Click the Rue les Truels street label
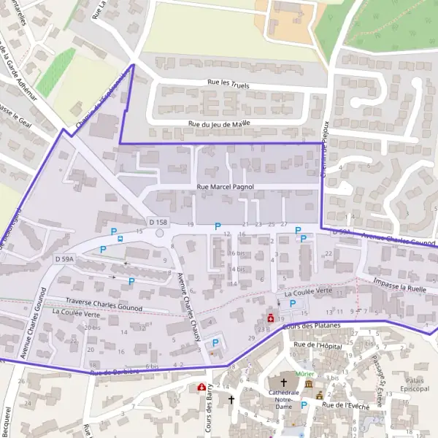228,83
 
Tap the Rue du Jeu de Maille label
219,124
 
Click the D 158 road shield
157,221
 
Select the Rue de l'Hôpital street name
318,345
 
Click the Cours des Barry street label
209,412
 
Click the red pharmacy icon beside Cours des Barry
201,387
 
